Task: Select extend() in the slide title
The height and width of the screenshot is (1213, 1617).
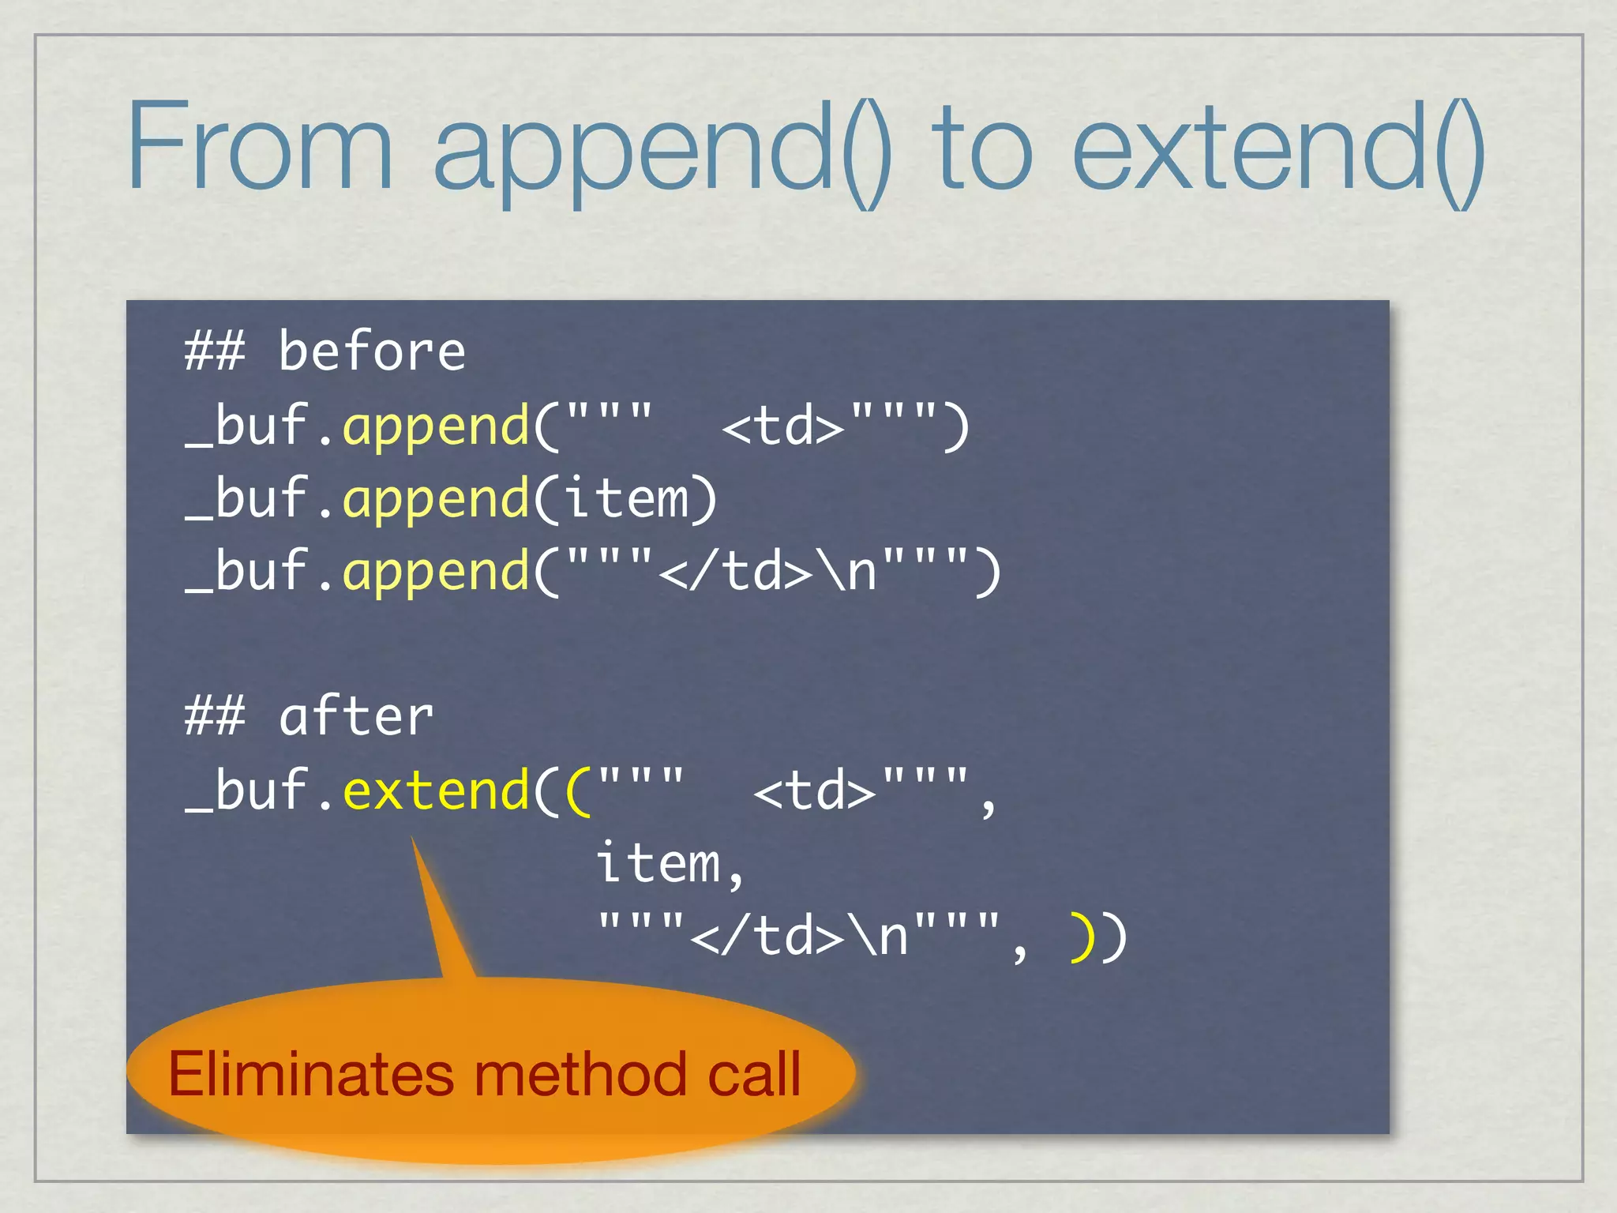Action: [1279, 150]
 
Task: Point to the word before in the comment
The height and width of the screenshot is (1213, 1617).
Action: [372, 351]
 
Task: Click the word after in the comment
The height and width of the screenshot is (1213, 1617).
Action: [356, 717]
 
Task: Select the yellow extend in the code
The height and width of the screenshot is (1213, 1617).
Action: [436, 790]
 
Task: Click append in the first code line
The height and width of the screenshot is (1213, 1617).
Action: [436, 426]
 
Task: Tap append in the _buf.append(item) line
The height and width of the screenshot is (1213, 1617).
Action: [436, 499]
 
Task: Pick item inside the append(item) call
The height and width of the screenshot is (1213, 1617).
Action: [626, 499]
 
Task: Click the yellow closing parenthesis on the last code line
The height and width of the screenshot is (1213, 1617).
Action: [1081, 937]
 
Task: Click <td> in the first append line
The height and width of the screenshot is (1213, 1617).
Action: [783, 426]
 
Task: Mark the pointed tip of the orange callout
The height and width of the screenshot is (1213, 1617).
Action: [413, 840]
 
